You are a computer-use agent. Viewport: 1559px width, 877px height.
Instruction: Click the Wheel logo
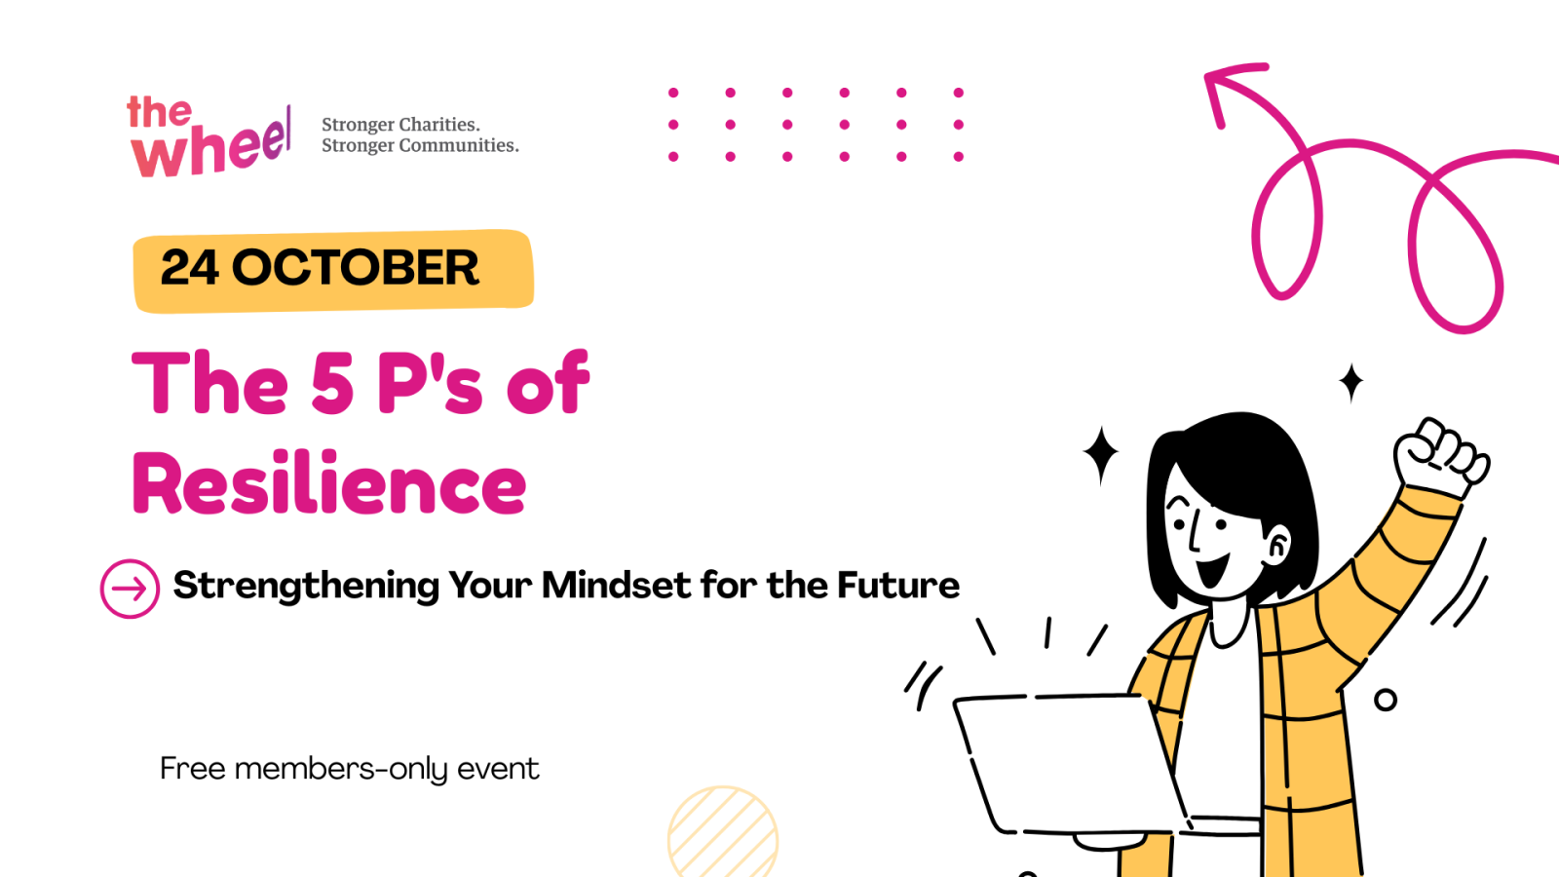(x=209, y=138)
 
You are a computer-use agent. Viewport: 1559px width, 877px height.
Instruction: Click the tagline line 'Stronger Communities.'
(x=420, y=146)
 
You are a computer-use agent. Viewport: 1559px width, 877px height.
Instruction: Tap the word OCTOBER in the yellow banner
(x=356, y=268)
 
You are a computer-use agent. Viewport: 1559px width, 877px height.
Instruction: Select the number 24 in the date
(x=189, y=268)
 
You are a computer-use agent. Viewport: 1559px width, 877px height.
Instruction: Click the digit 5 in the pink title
(x=332, y=383)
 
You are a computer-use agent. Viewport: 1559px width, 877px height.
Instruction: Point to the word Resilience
(x=329, y=484)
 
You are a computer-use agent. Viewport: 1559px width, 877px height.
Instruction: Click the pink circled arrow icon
(x=130, y=589)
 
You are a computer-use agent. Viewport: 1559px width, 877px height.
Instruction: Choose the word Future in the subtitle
(x=897, y=586)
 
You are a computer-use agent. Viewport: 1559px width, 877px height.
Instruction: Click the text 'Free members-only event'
(x=349, y=769)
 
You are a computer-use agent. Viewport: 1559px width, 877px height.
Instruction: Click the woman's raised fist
(x=1440, y=456)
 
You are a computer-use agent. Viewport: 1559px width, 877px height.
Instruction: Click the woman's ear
(x=1277, y=545)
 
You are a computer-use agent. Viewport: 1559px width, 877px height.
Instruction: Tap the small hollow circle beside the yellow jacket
(x=1385, y=700)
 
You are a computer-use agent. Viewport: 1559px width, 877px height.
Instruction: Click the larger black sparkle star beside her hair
(x=1101, y=454)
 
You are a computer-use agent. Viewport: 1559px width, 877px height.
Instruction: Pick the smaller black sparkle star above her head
(x=1350, y=382)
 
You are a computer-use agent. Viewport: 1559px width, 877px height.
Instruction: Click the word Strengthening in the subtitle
(x=306, y=586)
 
